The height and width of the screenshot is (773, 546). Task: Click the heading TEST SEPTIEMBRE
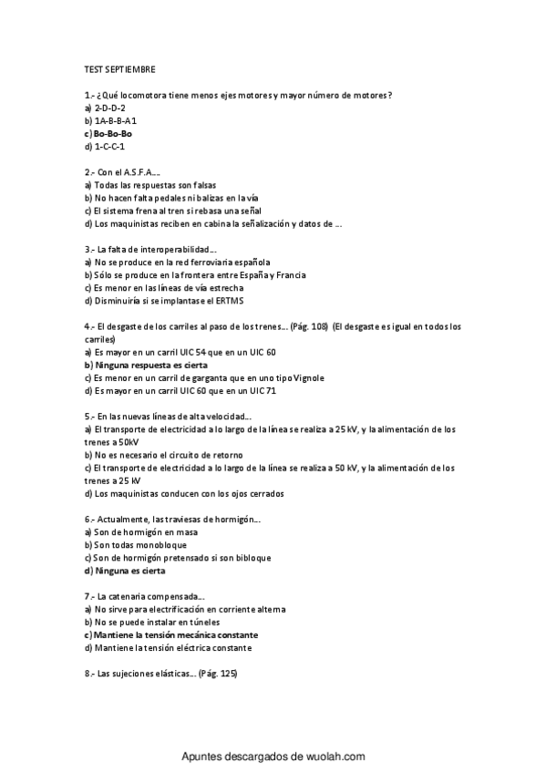tap(119, 69)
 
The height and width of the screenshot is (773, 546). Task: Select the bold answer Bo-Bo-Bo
tap(112, 133)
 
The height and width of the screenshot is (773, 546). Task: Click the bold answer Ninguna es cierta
tap(124, 571)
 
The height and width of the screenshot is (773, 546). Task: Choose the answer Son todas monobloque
tap(133, 545)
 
